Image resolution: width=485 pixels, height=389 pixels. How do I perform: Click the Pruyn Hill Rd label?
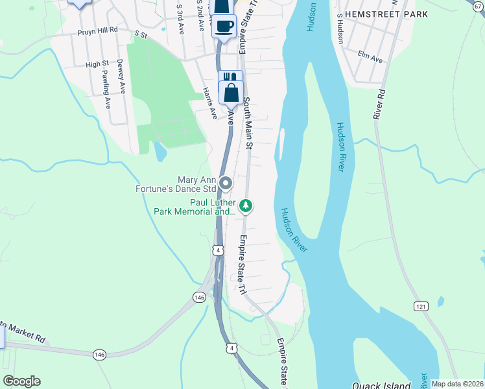pyautogui.click(x=97, y=30)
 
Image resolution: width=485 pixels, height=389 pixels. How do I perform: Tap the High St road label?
pyautogui.click(x=97, y=64)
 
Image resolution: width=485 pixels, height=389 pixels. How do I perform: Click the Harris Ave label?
pyautogui.click(x=209, y=103)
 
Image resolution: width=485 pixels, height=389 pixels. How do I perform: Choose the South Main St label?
pyautogui.click(x=247, y=123)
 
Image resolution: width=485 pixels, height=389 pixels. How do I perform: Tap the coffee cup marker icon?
pyautogui.click(x=224, y=27)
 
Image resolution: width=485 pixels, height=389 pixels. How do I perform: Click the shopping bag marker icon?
pyautogui.click(x=231, y=92)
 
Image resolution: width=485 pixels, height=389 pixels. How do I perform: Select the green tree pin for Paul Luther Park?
pyautogui.click(x=245, y=206)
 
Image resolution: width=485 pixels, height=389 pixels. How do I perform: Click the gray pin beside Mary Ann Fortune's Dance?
pyautogui.click(x=225, y=183)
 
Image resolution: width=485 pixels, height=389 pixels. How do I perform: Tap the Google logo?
pyautogui.click(x=21, y=381)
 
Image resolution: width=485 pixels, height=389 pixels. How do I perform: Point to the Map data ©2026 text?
pyautogui.click(x=457, y=384)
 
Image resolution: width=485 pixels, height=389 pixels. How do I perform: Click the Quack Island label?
pyautogui.click(x=383, y=385)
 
